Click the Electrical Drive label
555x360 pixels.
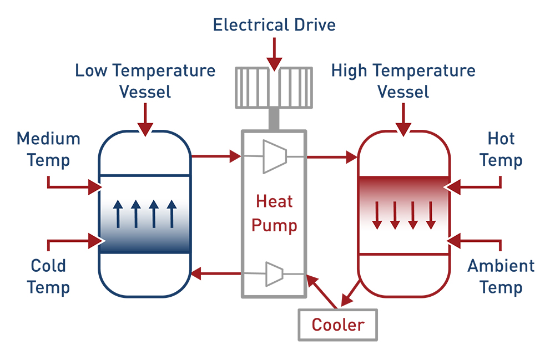[274, 25]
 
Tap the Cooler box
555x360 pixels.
[337, 324]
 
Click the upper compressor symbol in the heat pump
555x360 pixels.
[275, 156]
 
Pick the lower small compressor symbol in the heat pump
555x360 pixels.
[274, 273]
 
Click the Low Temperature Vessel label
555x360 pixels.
[145, 80]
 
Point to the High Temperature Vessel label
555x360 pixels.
[403, 80]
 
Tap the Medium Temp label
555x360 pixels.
[49, 149]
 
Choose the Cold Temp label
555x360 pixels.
[49, 276]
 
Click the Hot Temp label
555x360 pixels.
[501, 149]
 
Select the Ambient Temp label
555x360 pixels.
[501, 276]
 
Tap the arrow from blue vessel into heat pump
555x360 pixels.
[216, 157]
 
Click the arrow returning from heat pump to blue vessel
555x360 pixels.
[216, 273]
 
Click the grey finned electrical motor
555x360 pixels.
[274, 88]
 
